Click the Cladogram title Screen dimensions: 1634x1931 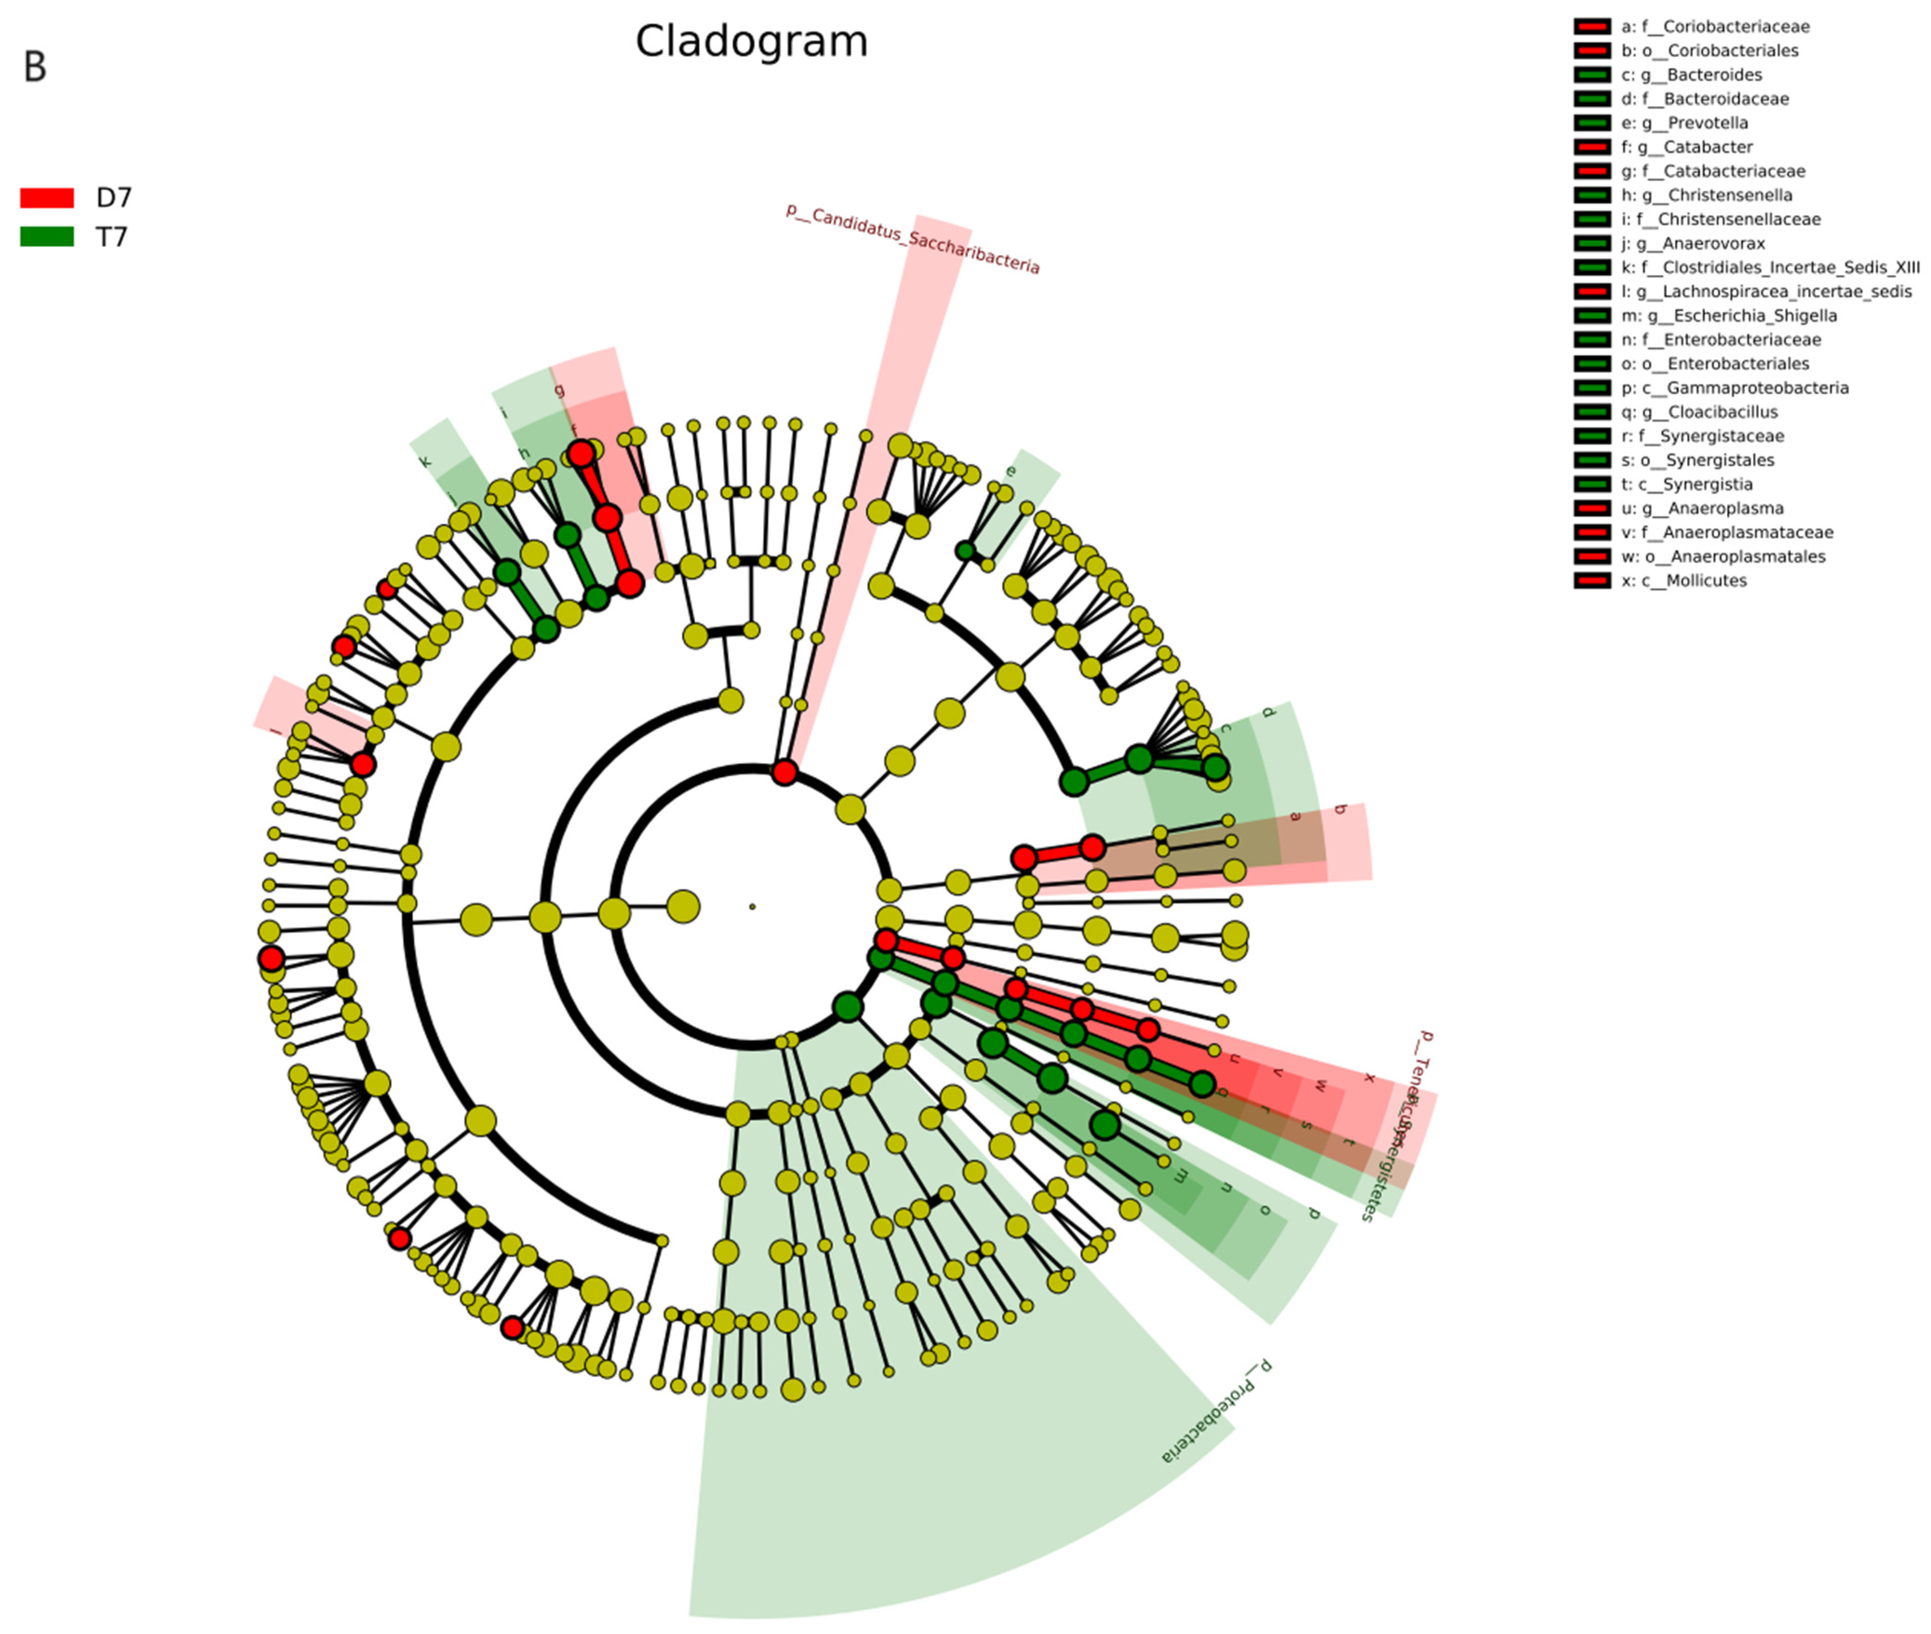pos(751,42)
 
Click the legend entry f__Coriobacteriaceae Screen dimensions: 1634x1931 pos(1714,27)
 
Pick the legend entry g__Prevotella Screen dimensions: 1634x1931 pos(1683,123)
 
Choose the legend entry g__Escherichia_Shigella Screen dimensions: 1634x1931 pos(1728,316)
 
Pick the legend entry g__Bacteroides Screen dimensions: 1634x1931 pos(1691,75)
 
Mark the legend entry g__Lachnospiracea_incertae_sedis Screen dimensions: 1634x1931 pos(1765,292)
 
